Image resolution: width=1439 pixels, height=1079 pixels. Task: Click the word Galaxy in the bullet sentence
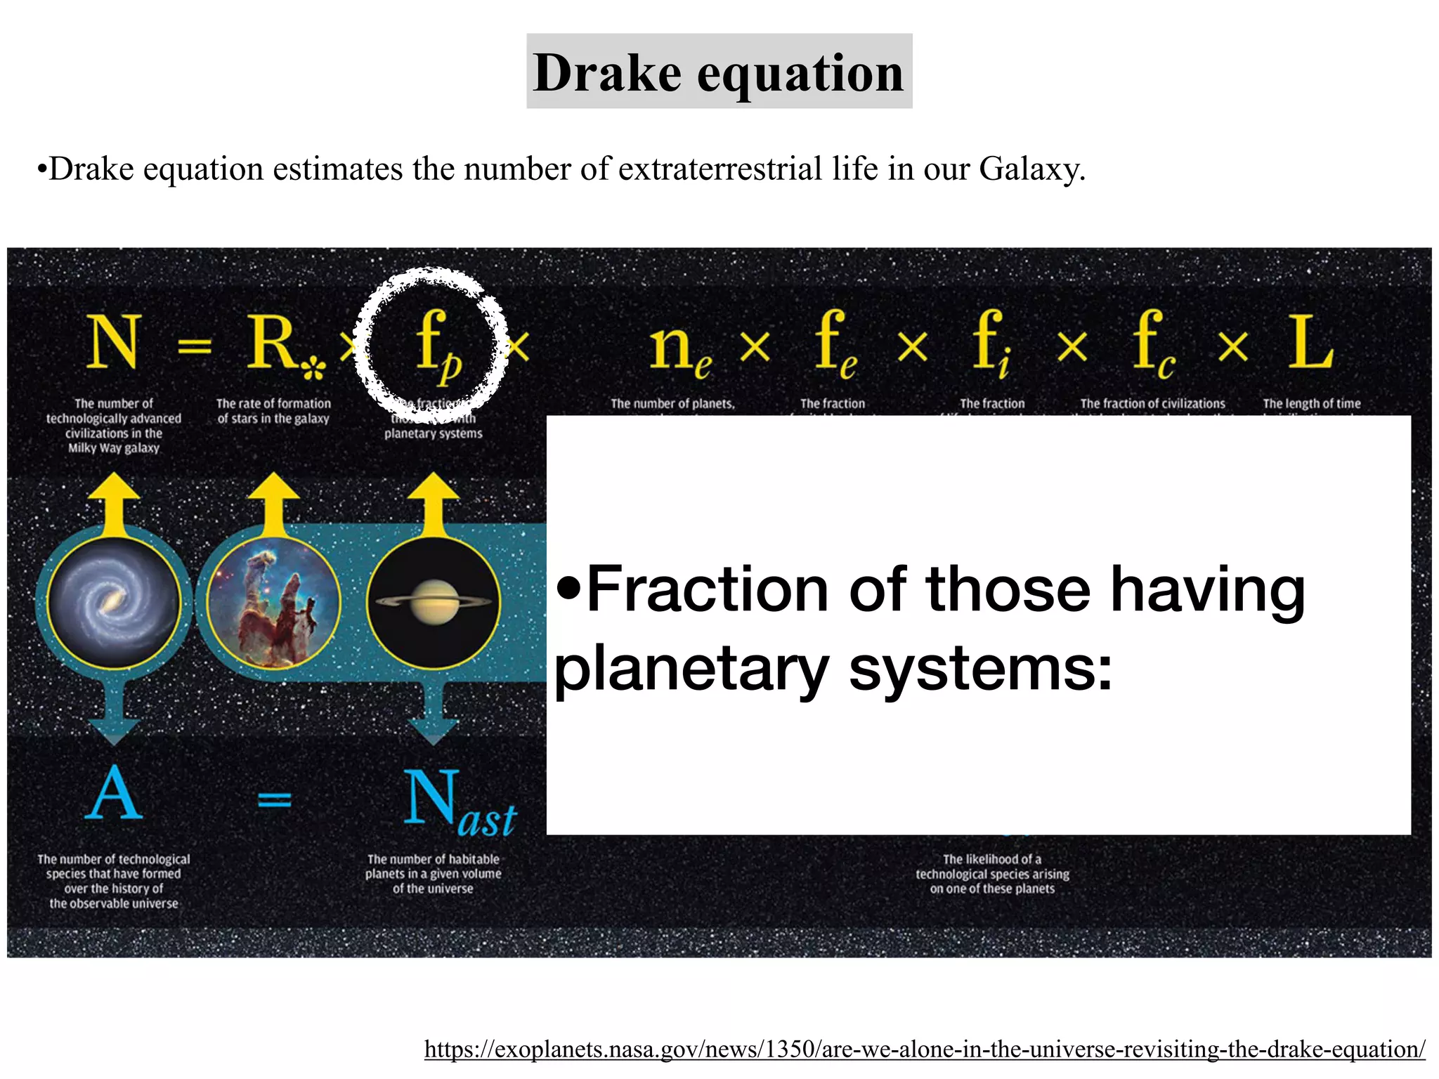[x=1031, y=169]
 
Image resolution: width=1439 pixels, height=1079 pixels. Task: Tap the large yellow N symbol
[x=113, y=343]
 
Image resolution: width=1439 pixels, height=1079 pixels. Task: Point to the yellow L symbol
[x=1310, y=343]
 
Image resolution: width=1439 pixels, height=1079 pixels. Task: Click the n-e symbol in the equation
[x=679, y=348]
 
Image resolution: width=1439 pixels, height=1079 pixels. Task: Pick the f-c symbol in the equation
[x=1152, y=344]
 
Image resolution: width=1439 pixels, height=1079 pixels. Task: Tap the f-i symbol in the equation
[x=991, y=344]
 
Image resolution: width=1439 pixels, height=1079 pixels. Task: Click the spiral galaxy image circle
[x=113, y=603]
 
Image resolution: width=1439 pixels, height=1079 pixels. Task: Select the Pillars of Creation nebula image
[x=273, y=603]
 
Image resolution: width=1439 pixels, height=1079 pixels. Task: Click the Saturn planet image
[x=434, y=603]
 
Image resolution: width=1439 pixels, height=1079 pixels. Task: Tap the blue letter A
[x=114, y=794]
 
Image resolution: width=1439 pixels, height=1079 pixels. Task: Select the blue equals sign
[x=274, y=799]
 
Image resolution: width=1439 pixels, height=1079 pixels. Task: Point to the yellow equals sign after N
[x=194, y=346]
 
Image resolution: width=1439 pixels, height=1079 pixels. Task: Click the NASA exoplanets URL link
[x=925, y=1049]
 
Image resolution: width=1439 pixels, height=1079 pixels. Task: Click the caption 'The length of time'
[x=1311, y=404]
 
